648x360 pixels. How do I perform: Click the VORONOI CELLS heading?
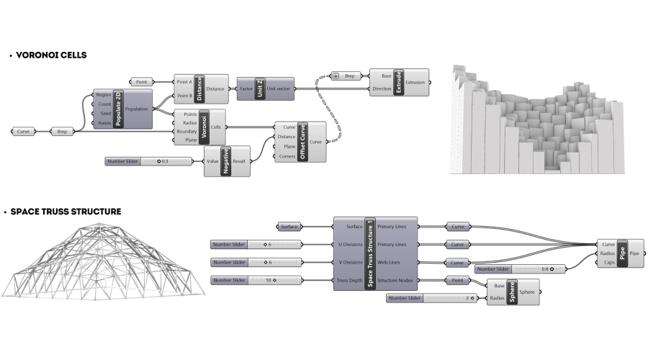[x=49, y=55]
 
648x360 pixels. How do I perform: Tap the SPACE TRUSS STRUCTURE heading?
[x=65, y=212]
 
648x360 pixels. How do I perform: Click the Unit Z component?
[x=261, y=89]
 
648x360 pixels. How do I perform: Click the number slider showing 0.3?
[x=149, y=161]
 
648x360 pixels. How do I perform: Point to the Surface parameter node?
[x=290, y=227]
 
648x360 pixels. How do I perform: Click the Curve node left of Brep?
[x=24, y=132]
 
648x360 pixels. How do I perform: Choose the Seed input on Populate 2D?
[x=105, y=113]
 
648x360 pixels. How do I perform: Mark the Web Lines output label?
[x=392, y=262]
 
